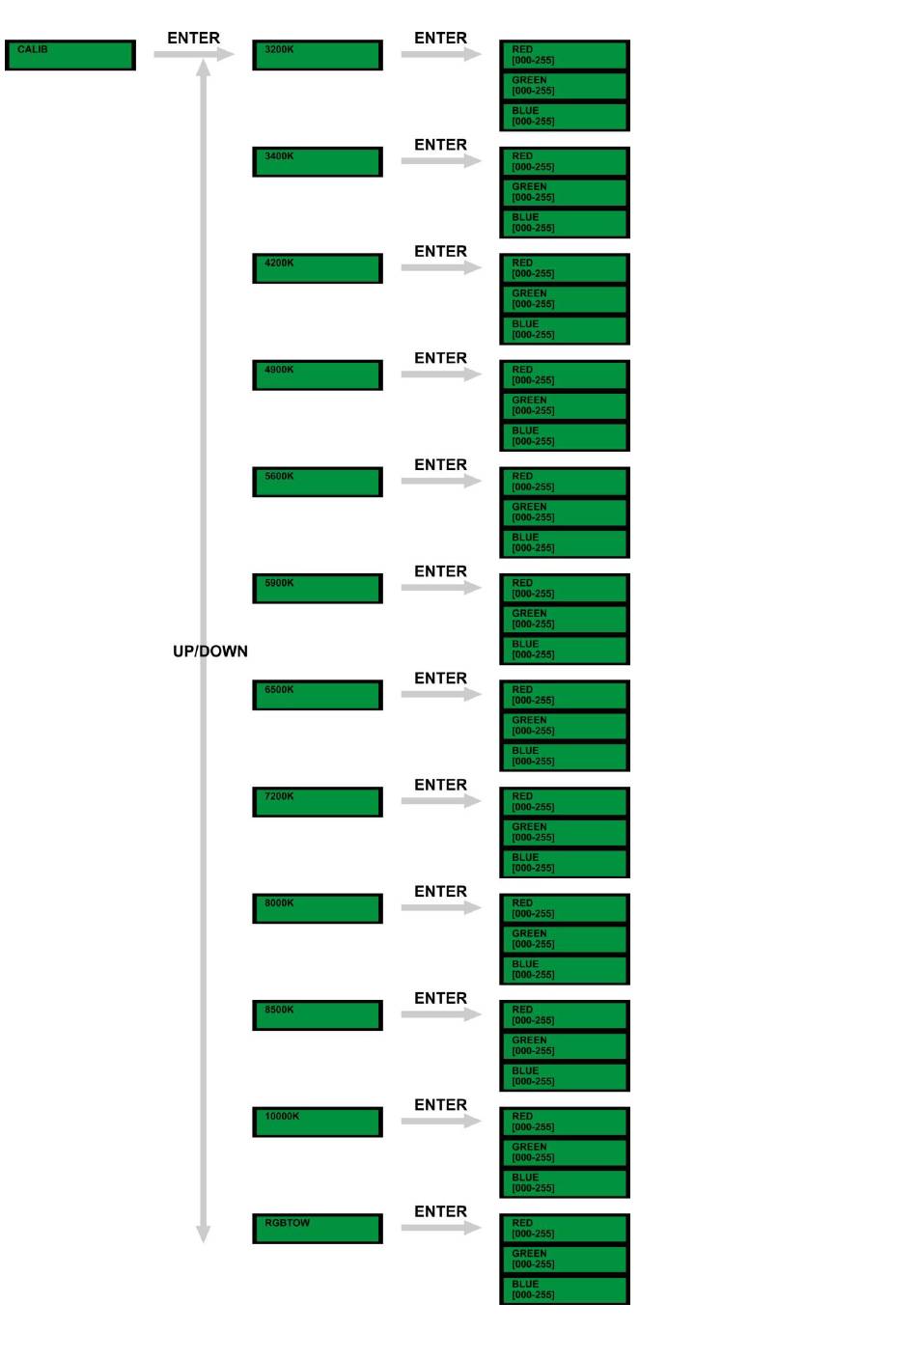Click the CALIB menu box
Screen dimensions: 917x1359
coord(69,55)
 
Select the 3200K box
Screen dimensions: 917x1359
coord(317,55)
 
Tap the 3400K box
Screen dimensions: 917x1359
coord(317,161)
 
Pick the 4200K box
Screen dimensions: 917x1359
coord(317,268)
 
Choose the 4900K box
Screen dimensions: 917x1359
coord(317,374)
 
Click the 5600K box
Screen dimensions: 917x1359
coord(317,482)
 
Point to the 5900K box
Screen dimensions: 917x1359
coord(317,588)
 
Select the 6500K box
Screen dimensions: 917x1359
coord(317,695)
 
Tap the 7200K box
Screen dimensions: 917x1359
coord(317,801)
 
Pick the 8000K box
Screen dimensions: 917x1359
coord(317,908)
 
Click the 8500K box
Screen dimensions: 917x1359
coord(317,1014)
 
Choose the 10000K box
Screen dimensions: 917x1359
coord(317,1122)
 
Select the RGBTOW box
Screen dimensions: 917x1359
coord(317,1228)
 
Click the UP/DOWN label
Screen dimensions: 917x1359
coord(210,652)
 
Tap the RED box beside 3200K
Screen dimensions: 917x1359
coord(564,55)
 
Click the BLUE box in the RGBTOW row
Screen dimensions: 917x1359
coord(564,1290)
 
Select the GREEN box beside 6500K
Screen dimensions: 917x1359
coord(564,726)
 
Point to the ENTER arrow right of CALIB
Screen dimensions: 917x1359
coord(193,54)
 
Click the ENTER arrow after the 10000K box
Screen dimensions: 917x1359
coord(440,1121)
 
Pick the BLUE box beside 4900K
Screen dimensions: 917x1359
coord(564,436)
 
